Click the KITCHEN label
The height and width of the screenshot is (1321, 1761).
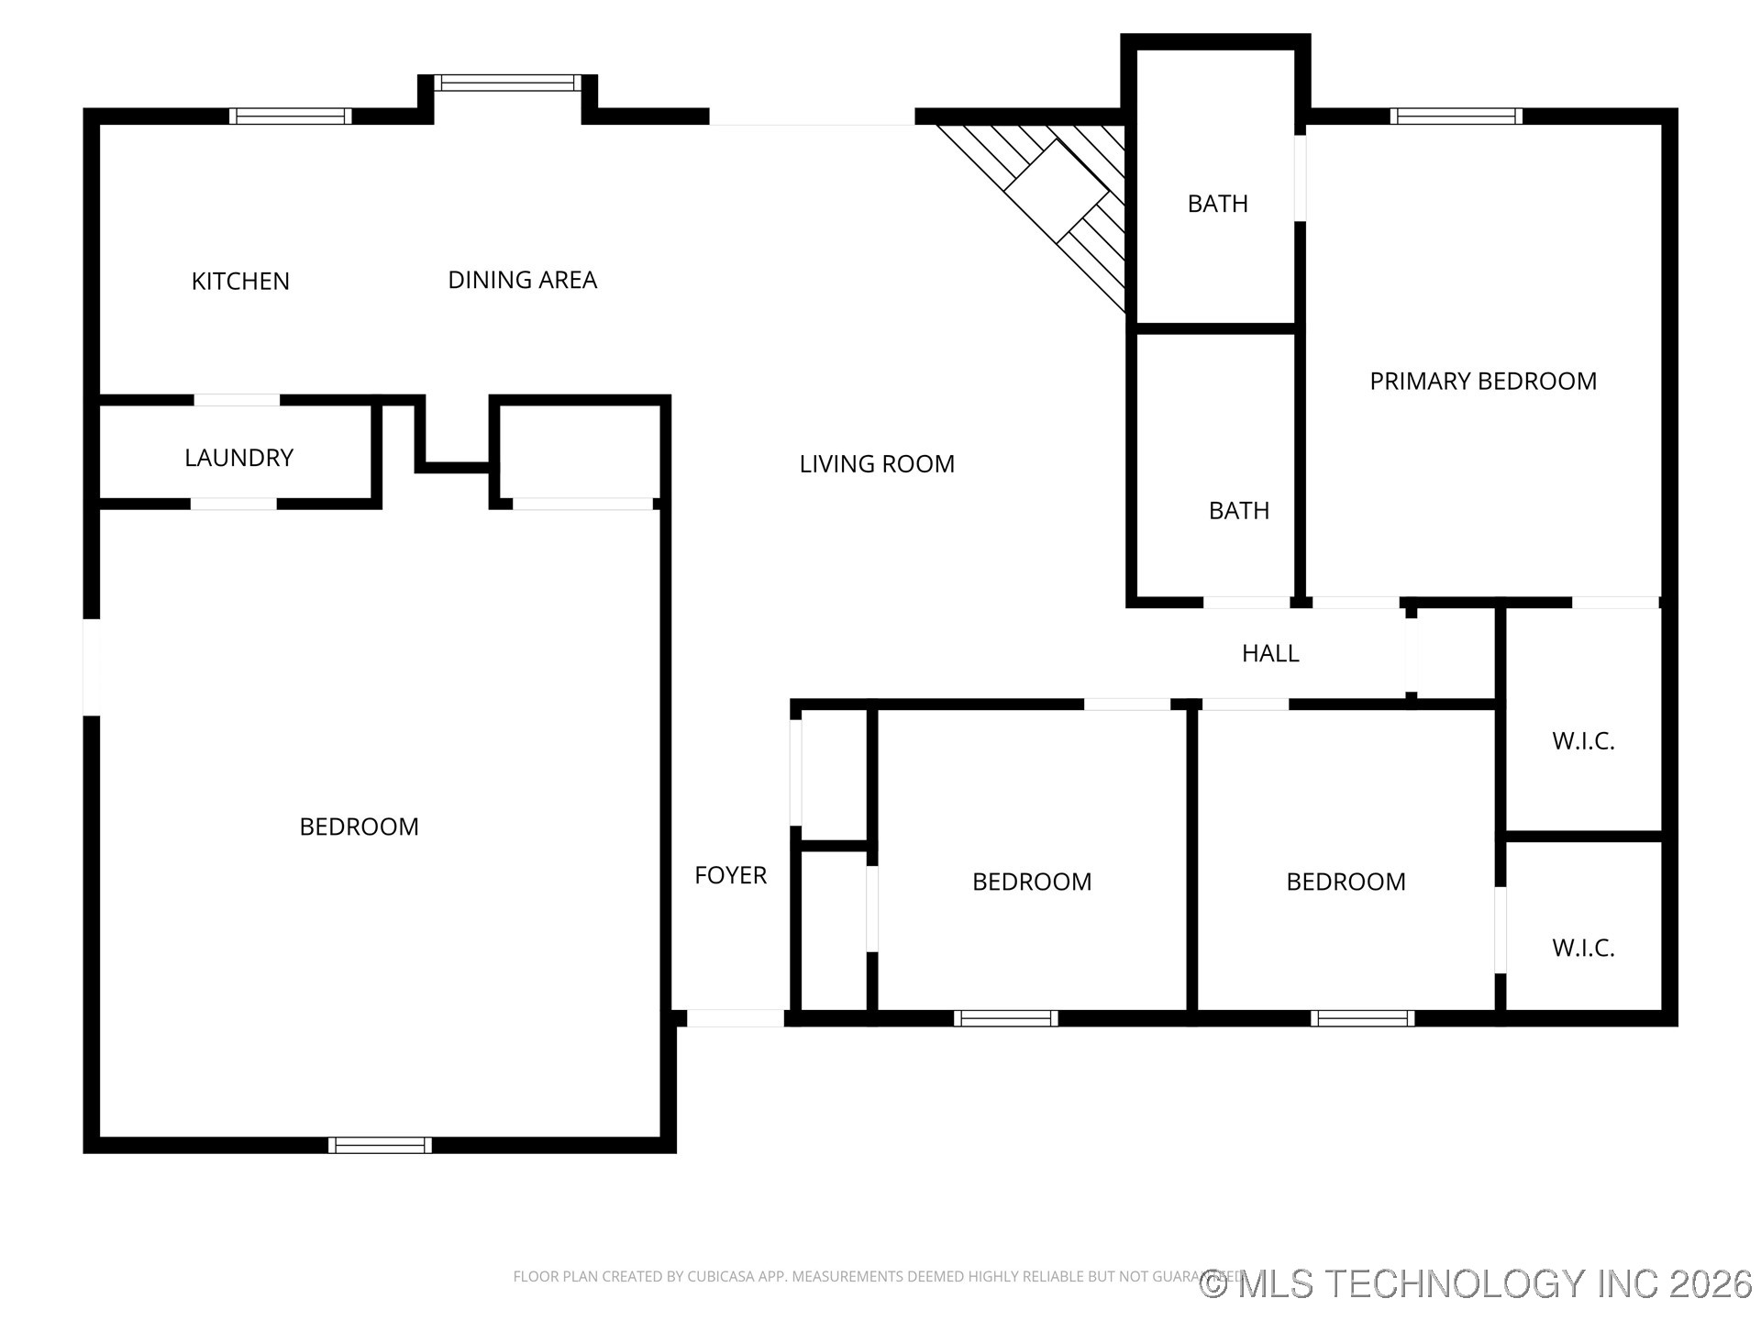[240, 281]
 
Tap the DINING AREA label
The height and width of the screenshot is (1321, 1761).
[522, 280]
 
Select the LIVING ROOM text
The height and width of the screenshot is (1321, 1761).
[877, 464]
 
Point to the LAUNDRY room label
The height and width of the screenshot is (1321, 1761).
[238, 458]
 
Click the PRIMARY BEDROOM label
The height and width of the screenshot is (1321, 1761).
[1483, 382]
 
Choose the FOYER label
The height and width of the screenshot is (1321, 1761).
[730, 875]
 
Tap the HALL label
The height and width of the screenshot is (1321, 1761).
[1270, 653]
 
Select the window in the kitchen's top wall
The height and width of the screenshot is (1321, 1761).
[290, 116]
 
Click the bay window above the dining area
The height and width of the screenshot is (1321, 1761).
[507, 83]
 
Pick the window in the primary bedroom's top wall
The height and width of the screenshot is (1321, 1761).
[1456, 116]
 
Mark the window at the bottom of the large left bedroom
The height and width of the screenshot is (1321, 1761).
[380, 1145]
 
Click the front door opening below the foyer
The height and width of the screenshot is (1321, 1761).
[736, 1017]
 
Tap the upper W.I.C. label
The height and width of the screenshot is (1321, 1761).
[1583, 741]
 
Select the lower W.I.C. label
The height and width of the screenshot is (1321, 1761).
[1583, 948]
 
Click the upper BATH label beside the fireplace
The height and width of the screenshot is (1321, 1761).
[1217, 204]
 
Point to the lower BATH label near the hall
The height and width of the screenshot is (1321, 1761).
[1238, 511]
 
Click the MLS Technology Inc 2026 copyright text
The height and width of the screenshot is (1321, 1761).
[1476, 1283]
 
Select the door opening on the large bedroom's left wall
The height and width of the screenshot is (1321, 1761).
[91, 667]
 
